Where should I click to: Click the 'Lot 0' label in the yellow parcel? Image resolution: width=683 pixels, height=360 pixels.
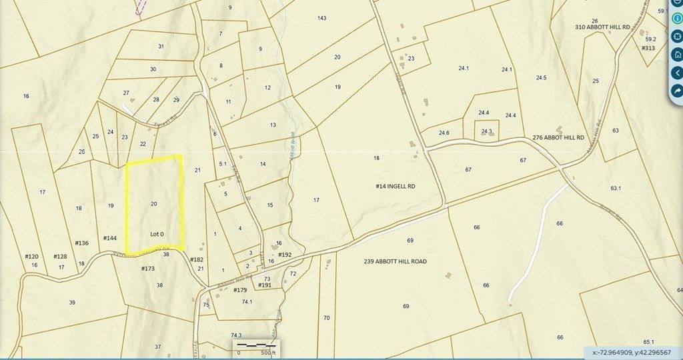tap(157, 234)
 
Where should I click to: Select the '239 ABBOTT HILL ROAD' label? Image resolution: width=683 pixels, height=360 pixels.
tap(396, 261)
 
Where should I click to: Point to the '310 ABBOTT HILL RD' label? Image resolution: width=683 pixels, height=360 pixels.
tap(603, 27)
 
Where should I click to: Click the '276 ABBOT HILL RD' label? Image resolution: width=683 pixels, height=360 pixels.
tap(558, 137)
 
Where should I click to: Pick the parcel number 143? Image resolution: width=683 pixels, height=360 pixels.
tap(322, 18)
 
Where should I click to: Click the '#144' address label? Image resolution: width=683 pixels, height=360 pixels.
tap(110, 238)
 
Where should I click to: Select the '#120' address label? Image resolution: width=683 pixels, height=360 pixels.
tap(32, 257)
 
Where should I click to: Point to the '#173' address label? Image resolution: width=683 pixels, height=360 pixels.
tap(148, 269)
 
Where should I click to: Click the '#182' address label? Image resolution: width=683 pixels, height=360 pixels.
tap(196, 259)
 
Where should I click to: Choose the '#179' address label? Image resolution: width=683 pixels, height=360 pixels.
tap(240, 290)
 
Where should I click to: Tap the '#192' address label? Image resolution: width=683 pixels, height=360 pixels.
tap(285, 255)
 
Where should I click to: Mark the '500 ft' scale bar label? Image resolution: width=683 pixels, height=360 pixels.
tap(267, 353)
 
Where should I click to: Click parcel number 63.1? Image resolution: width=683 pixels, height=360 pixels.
tap(615, 188)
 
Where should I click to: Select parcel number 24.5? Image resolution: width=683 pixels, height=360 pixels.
tap(541, 78)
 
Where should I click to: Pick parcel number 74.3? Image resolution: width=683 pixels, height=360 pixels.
tap(235, 335)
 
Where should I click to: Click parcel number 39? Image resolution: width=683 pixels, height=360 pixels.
tap(72, 302)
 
